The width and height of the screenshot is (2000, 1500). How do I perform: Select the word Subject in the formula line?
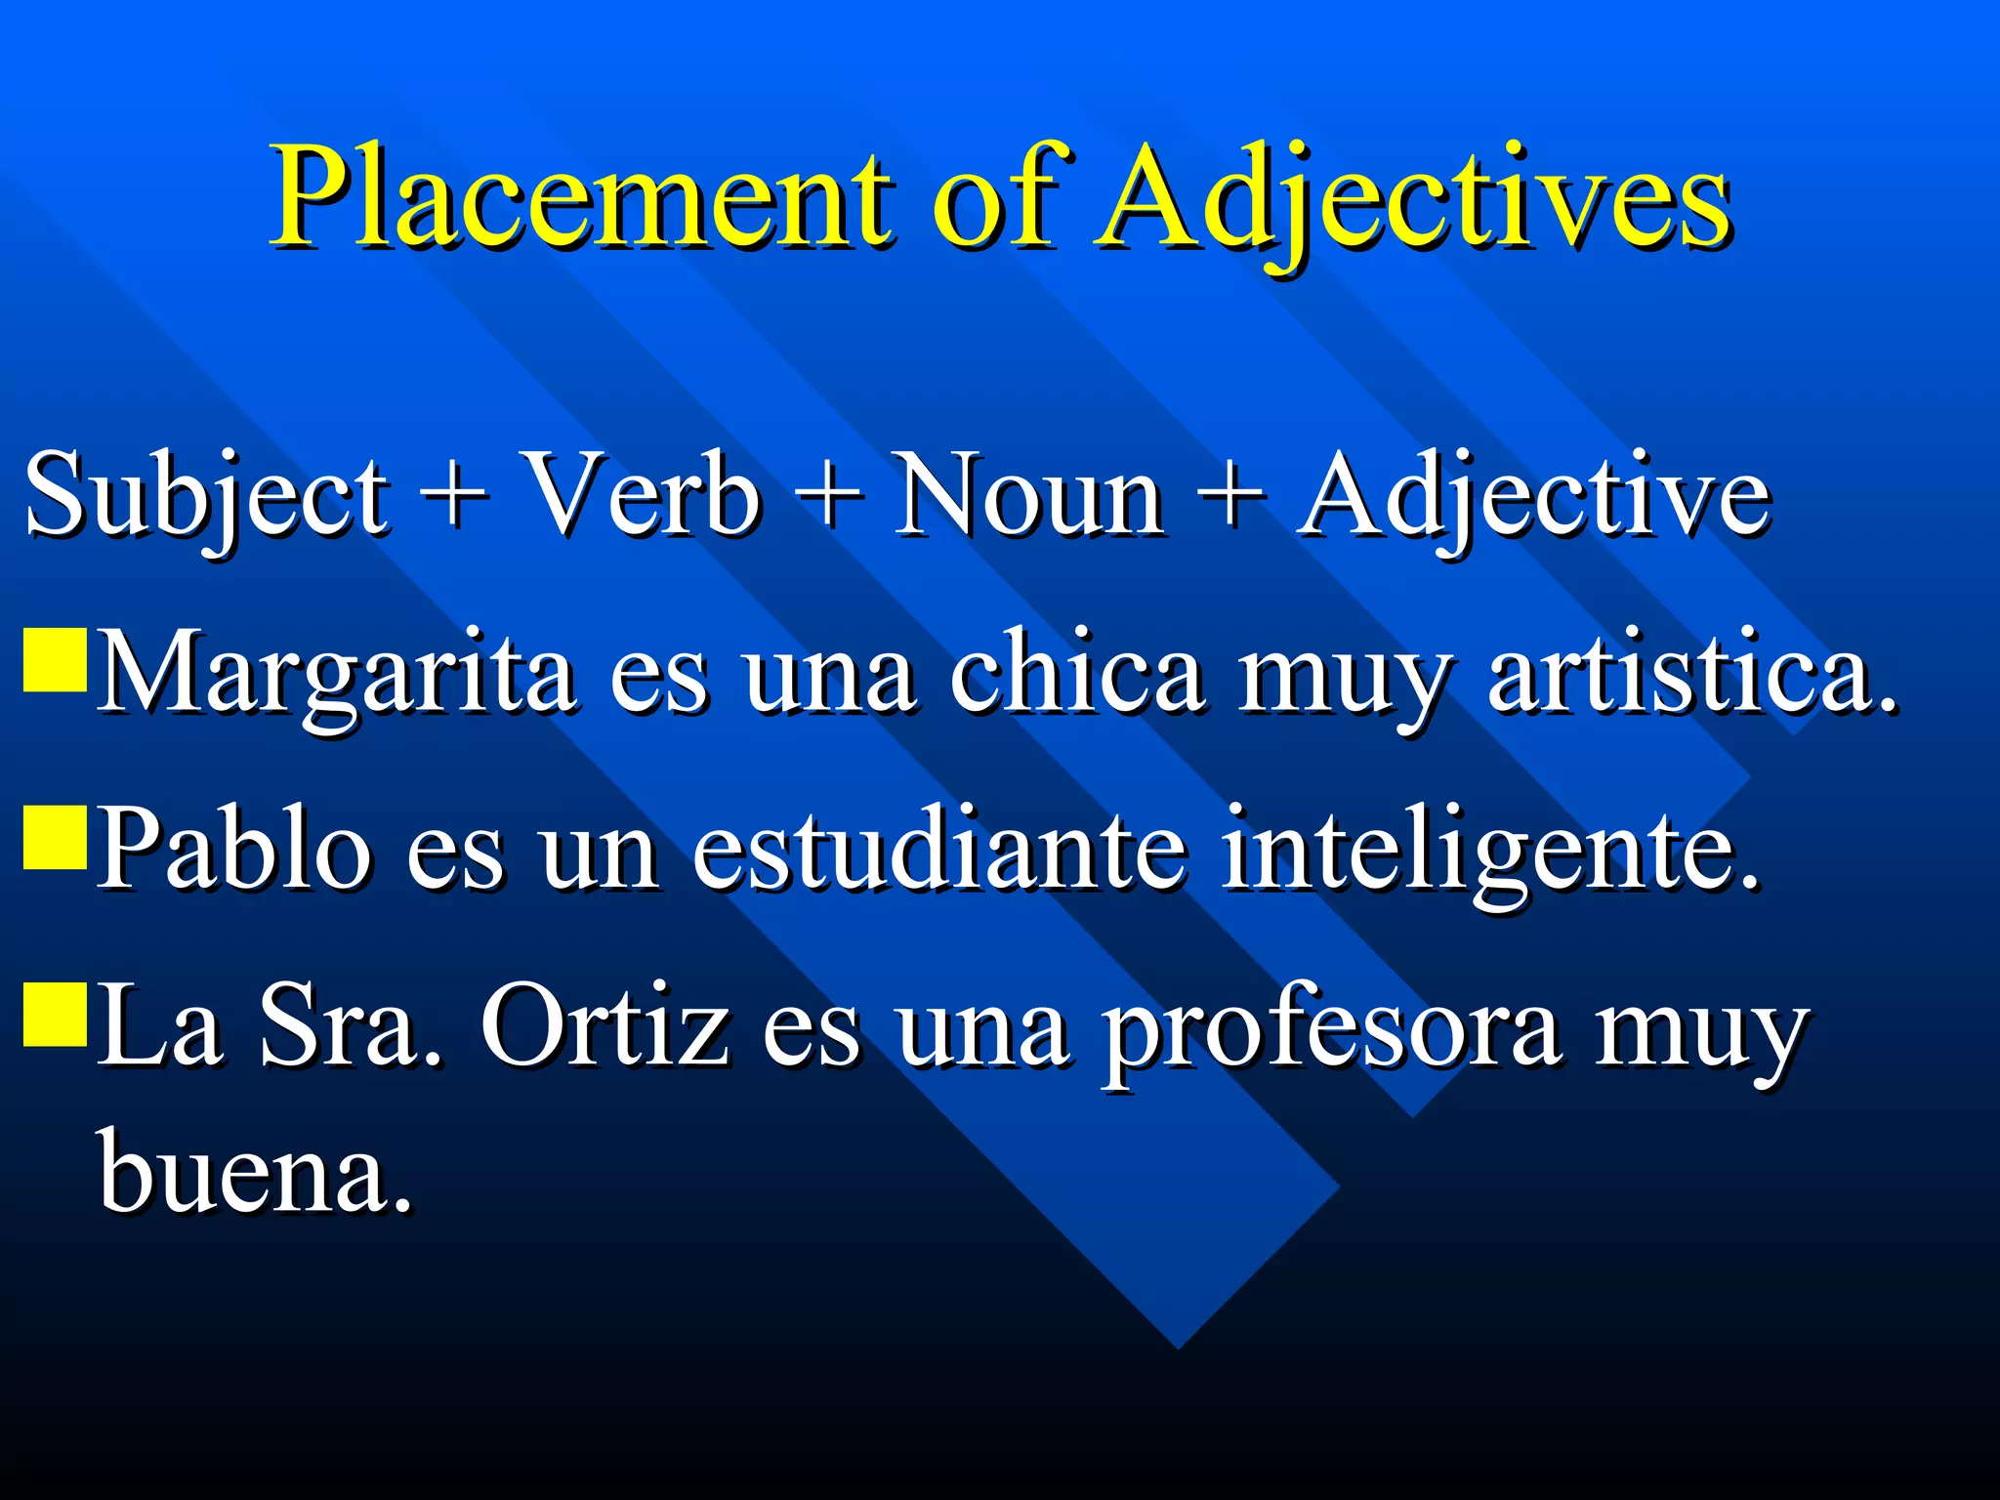206,495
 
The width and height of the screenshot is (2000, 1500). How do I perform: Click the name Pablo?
234,848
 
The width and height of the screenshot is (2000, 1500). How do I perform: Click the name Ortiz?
605,1025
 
